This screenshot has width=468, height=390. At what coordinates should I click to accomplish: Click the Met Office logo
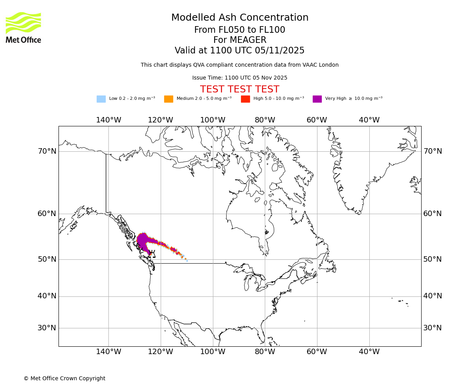pos(23,27)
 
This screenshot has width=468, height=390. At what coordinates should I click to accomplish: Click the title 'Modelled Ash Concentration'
pos(240,18)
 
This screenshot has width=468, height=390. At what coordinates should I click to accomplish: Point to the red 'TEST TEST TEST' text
pos(240,89)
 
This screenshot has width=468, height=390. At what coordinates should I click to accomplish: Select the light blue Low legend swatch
pos(101,99)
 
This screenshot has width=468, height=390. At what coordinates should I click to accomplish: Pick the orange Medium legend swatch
pos(168,99)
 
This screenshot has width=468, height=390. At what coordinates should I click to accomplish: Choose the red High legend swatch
pos(245,99)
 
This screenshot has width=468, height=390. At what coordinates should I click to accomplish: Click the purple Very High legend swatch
pos(317,99)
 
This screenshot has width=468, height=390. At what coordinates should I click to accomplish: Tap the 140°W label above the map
pos(108,120)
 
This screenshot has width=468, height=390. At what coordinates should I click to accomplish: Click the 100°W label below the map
pos(213,352)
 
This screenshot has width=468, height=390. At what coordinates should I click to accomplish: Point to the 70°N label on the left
pos(47,151)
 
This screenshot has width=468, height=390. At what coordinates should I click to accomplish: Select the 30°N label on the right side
pos(433,328)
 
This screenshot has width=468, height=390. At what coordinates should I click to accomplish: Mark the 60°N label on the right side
pos(433,214)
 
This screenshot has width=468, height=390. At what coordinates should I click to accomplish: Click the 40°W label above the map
pos(369,120)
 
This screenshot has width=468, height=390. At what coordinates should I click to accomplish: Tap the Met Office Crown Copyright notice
pos(64,378)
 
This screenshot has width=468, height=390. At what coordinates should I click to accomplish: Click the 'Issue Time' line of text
pos(240,78)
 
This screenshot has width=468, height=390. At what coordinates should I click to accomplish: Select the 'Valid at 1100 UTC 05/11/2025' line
pos(240,51)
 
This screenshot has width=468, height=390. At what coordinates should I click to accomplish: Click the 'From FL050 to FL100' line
pos(240,30)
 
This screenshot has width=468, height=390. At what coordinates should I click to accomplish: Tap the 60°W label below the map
pos(317,352)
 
